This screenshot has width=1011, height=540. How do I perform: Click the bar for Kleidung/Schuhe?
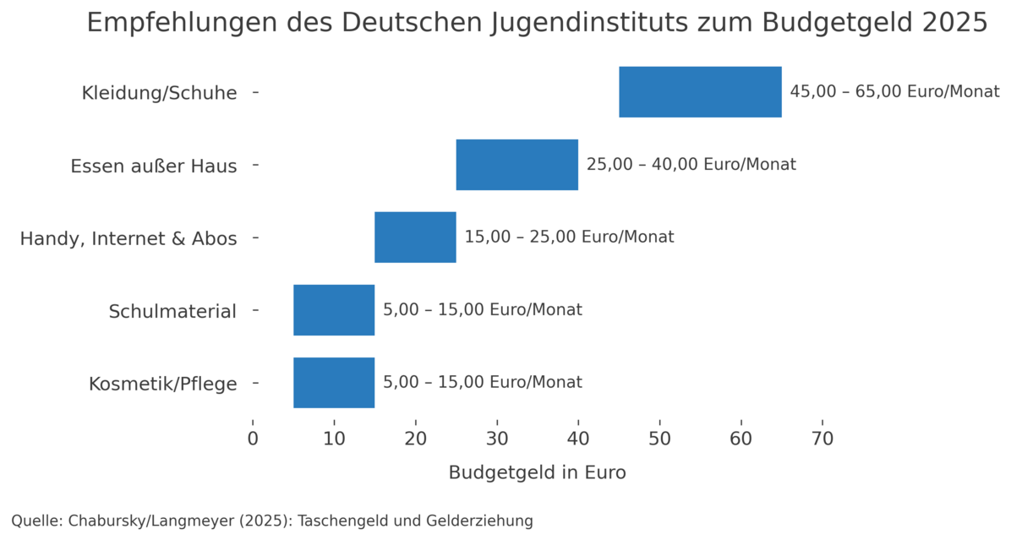tap(700, 91)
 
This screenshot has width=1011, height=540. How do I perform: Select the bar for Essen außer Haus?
tap(516, 165)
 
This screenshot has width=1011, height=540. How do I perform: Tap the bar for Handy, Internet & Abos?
tap(415, 237)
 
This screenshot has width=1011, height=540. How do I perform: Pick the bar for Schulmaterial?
tap(334, 310)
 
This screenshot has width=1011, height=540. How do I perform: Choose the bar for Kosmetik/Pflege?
tap(334, 383)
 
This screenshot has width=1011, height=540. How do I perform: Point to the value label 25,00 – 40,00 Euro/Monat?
tap(691, 165)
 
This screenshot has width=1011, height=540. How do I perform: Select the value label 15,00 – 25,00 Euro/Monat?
tap(569, 237)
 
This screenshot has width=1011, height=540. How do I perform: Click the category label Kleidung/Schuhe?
tap(159, 93)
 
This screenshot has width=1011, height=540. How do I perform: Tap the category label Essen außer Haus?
tap(153, 166)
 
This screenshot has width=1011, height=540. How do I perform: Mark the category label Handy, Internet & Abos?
tap(128, 239)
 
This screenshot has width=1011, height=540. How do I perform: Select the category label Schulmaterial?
tap(172, 312)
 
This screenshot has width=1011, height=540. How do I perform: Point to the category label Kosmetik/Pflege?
tap(162, 385)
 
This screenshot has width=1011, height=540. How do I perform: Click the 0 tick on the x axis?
tap(253, 439)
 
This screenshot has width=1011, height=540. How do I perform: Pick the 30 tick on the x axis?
tap(497, 439)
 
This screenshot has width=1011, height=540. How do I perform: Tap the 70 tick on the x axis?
tap(822, 439)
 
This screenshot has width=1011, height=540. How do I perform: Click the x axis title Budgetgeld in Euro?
tap(537, 473)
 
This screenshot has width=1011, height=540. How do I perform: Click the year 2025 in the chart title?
tap(954, 24)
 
